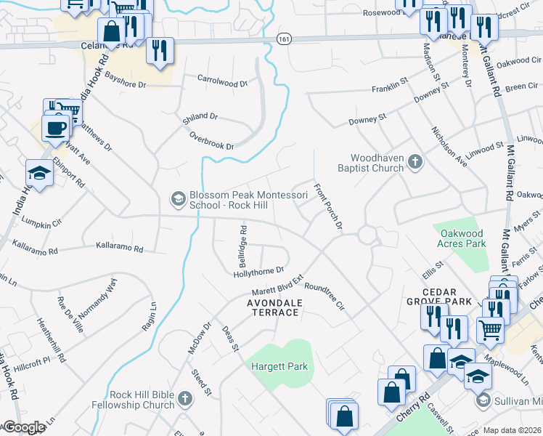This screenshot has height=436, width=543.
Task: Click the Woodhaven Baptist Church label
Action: tap(377, 163)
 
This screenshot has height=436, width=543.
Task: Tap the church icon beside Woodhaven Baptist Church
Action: tap(415, 161)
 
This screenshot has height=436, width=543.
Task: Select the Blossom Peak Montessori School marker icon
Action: tap(177, 198)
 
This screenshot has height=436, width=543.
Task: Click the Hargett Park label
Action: tap(279, 367)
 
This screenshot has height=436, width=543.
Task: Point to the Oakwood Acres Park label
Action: tap(462, 238)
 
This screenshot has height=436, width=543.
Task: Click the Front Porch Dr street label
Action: tap(327, 206)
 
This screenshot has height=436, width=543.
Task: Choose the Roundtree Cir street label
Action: tap(324, 296)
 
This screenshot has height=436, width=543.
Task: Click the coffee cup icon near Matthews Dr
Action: tap(56, 129)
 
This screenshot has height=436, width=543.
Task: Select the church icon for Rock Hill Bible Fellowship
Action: tap(185, 398)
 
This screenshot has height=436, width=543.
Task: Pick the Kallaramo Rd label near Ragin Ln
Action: tap(119, 248)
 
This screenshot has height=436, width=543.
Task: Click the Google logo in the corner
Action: tap(23, 427)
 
